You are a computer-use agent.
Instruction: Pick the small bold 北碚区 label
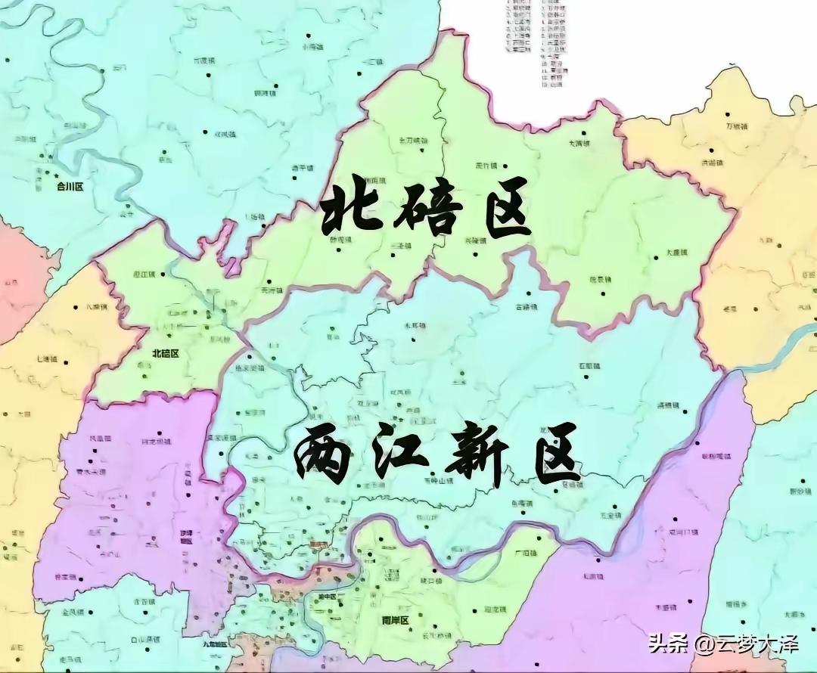pos(165,353)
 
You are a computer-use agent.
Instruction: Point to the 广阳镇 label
pos(523,554)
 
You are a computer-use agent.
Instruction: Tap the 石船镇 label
pos(589,366)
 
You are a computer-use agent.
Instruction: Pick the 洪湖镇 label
pos(712,163)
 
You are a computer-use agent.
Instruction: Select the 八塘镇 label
pos(98,308)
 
